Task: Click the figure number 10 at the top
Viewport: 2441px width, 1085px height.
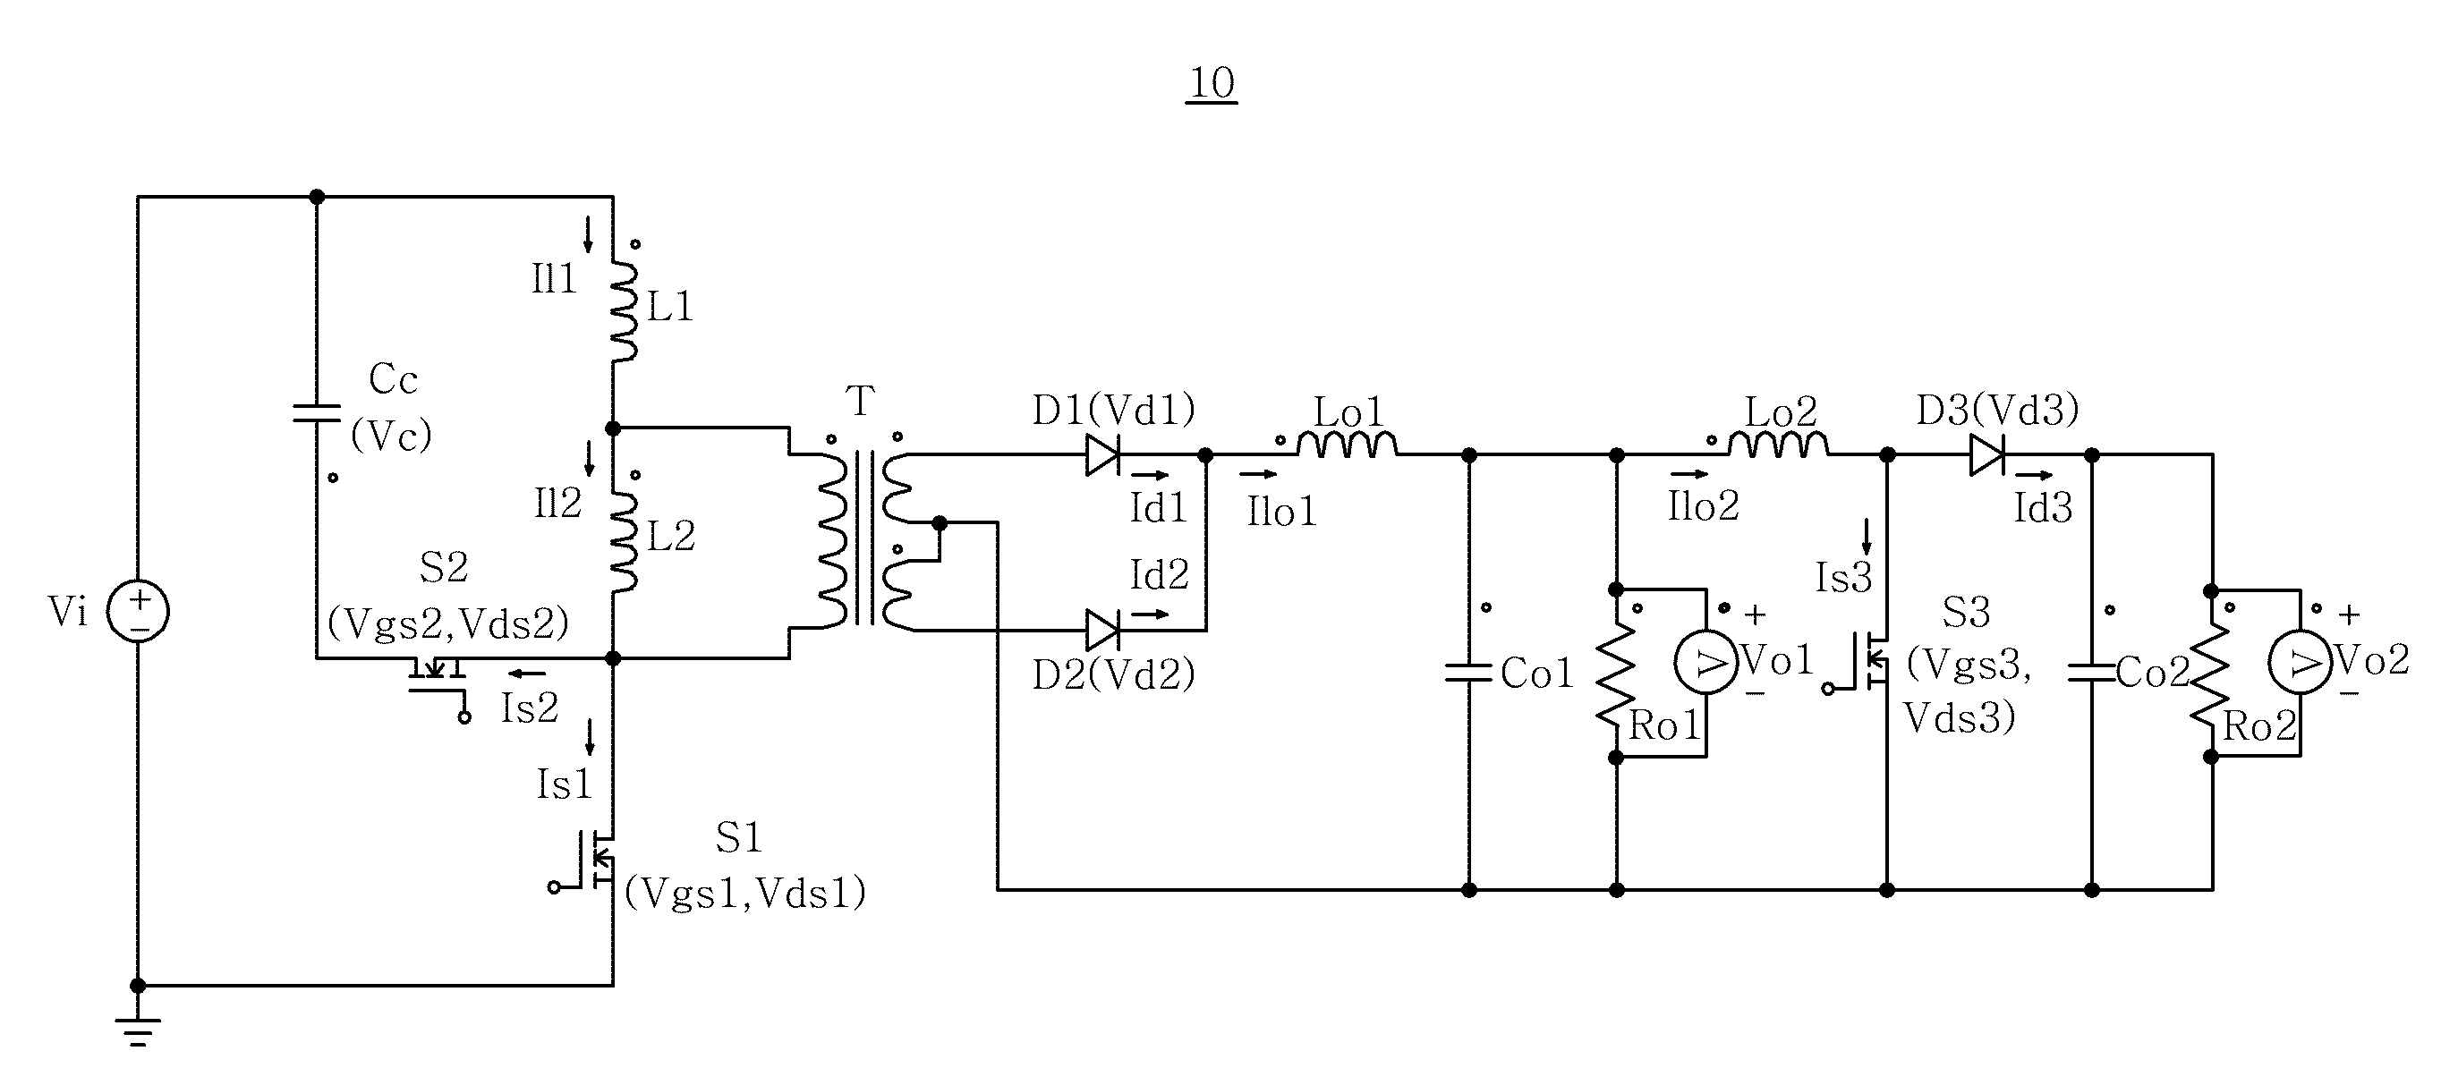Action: click(x=1212, y=83)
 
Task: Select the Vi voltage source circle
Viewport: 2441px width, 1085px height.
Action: click(x=138, y=610)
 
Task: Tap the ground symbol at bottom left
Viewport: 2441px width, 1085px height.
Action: click(x=139, y=1032)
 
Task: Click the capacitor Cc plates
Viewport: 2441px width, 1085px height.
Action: click(x=317, y=412)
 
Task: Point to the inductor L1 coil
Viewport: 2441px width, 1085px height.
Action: click(x=624, y=312)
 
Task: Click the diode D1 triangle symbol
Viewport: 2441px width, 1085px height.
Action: click(x=1103, y=456)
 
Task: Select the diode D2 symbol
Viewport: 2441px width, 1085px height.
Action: click(x=1103, y=630)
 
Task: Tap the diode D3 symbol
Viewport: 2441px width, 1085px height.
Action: click(x=1987, y=456)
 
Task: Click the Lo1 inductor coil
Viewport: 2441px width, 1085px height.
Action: click(x=1347, y=445)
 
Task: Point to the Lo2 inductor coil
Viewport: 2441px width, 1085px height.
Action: click(x=1779, y=445)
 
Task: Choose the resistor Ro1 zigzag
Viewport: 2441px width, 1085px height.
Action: click(x=1617, y=674)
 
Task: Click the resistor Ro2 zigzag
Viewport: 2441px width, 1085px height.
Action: click(x=2211, y=674)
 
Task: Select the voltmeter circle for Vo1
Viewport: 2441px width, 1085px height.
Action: click(x=1706, y=664)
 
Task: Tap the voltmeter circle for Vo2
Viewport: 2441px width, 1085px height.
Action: click(x=2300, y=664)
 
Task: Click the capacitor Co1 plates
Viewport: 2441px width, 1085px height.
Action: click(x=1468, y=674)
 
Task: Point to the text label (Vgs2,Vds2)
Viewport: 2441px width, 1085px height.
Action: click(x=448, y=623)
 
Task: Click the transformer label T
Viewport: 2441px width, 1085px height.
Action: click(x=860, y=401)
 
